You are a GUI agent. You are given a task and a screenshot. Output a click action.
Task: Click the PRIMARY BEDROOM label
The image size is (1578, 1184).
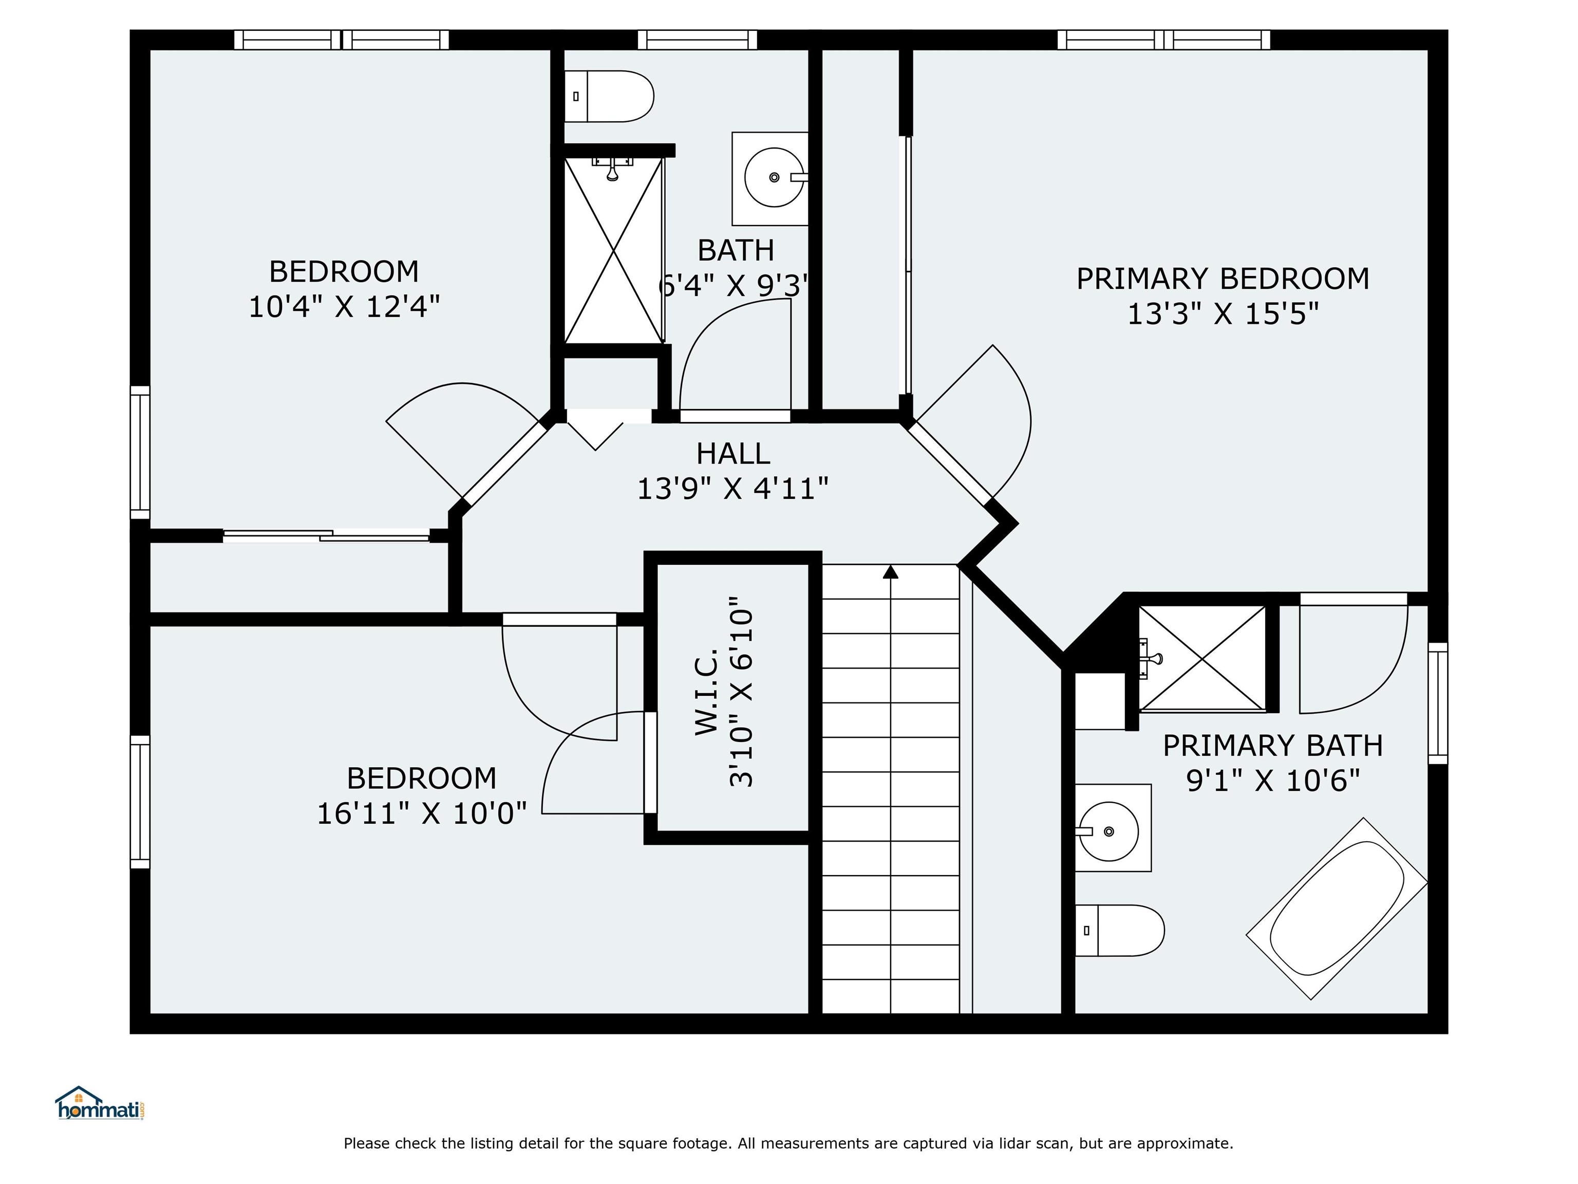click(1223, 279)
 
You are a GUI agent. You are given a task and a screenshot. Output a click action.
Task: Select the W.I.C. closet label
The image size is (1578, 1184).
click(706, 692)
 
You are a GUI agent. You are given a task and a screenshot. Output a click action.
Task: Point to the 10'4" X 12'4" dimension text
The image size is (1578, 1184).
click(344, 307)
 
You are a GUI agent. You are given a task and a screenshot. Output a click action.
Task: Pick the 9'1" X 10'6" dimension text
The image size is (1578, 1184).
click(1273, 780)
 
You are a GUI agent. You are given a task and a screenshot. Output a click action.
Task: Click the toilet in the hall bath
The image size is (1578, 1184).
click(609, 96)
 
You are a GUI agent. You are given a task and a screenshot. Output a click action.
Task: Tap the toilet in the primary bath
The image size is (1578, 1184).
click(1119, 931)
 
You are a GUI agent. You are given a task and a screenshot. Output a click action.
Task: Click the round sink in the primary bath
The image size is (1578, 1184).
click(1108, 831)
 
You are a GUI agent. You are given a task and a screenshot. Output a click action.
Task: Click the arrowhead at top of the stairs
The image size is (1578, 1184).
click(890, 571)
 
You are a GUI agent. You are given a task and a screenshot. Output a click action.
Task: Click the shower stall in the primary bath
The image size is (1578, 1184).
click(1202, 658)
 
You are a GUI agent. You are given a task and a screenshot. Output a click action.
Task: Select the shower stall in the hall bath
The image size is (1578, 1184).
click(613, 250)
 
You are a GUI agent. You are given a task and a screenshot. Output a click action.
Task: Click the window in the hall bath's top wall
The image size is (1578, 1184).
click(697, 40)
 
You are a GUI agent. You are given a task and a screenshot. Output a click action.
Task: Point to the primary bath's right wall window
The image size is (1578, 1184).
click(1438, 703)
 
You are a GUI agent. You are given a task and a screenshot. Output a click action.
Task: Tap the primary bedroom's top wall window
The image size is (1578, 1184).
click(1163, 40)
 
